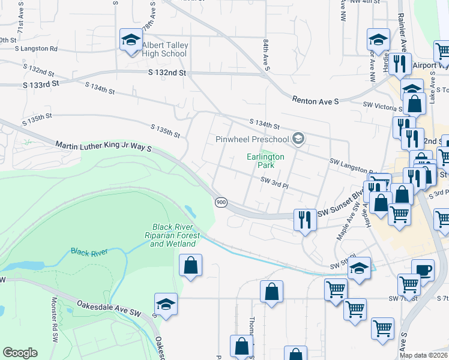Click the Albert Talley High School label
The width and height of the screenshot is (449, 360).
pyautogui.click(x=165, y=50)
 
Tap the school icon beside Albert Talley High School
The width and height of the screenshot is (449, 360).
pyautogui.click(x=130, y=40)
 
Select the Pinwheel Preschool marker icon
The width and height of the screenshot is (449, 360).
pyautogui.click(x=298, y=140)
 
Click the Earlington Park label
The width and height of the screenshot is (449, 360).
pyautogui.click(x=265, y=160)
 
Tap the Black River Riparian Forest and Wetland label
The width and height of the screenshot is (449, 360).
pyautogui.click(x=173, y=235)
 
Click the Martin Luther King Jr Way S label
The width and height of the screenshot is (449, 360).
pyautogui.click(x=103, y=146)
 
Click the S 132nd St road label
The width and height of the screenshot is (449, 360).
pyautogui.click(x=167, y=73)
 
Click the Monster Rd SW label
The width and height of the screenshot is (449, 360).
pyautogui.click(x=55, y=314)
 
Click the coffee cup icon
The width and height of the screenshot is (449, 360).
pyautogui.click(x=422, y=269)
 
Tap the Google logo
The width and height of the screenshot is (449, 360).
pyautogui.click(x=20, y=353)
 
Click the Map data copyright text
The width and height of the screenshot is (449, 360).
pyautogui.click(x=423, y=355)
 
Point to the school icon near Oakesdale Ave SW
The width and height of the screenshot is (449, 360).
pyautogui.click(x=166, y=304)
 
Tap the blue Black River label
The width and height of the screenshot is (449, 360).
pyautogui.click(x=89, y=251)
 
